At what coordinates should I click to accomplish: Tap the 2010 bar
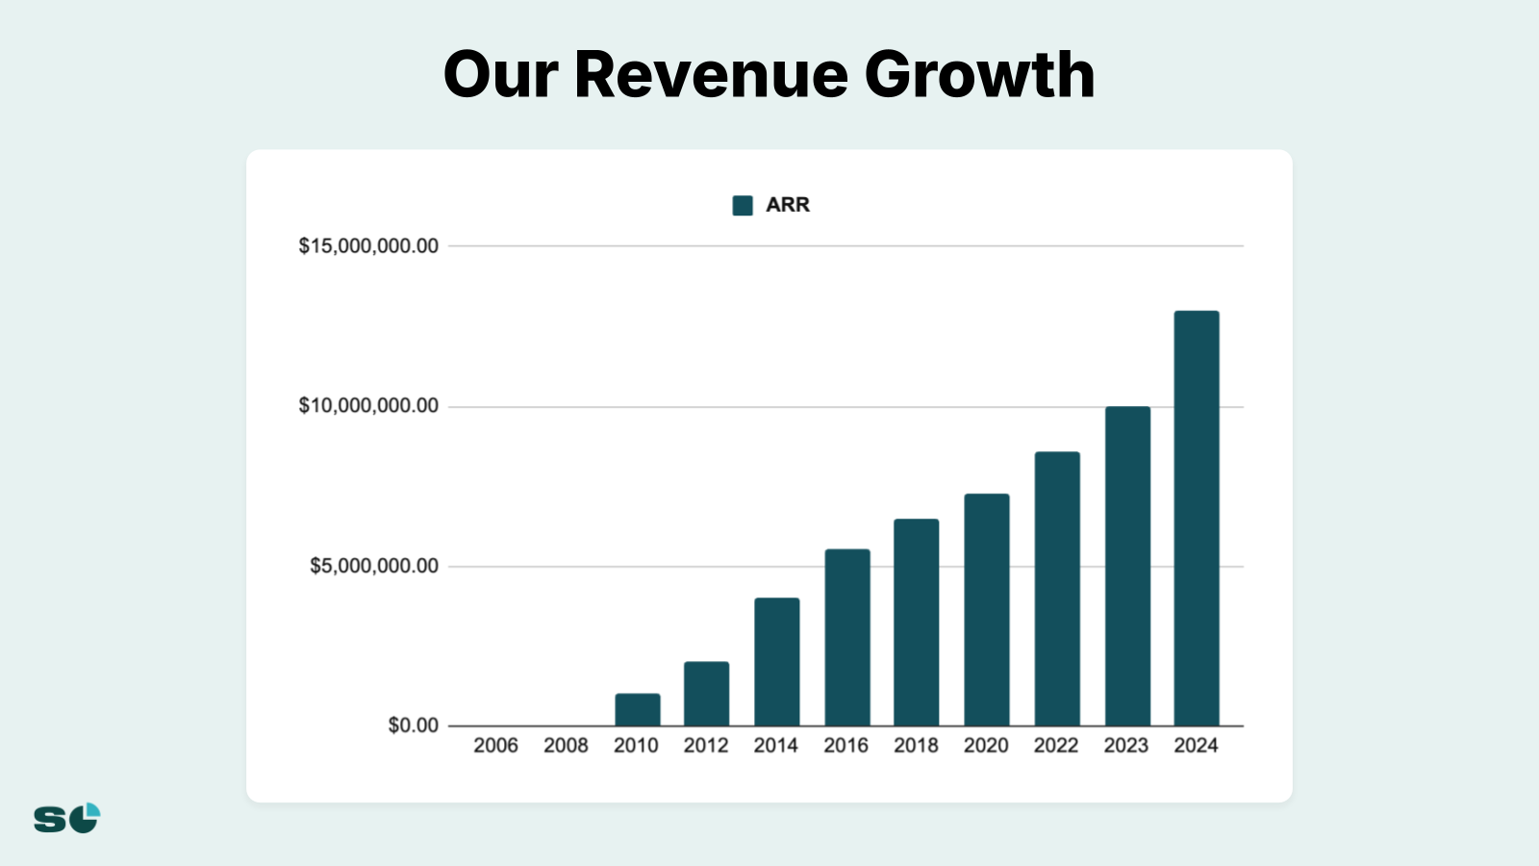tap(638, 709)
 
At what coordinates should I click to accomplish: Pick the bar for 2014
tap(776, 662)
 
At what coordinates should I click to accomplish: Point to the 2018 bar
tap(916, 623)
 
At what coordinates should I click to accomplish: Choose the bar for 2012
tap(706, 694)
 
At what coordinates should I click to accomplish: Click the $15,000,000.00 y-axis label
tap(368, 246)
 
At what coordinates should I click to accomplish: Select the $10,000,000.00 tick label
tap(368, 406)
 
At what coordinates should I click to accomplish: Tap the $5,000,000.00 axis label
tap(374, 566)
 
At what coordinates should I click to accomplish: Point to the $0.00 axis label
tap(413, 726)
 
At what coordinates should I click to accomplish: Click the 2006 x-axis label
tap(495, 746)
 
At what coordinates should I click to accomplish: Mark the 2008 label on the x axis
tap(566, 746)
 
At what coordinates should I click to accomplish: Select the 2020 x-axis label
tap(986, 746)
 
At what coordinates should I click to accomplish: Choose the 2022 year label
tap(1056, 746)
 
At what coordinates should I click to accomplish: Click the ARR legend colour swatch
tap(743, 205)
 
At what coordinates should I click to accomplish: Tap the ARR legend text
tap(788, 205)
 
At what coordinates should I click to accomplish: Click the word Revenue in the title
tap(711, 75)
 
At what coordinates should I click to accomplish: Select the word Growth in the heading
tap(979, 75)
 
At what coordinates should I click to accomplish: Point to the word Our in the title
tap(500, 75)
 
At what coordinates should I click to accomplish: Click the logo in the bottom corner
tap(67, 818)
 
